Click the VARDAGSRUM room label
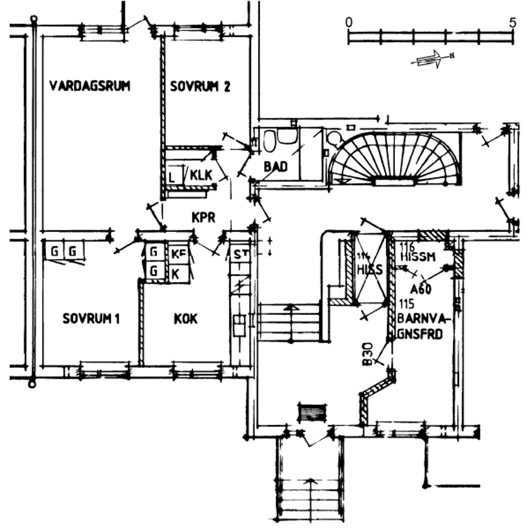(89, 86)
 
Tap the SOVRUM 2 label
(200, 87)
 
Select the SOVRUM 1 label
(91, 319)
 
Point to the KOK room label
(185, 319)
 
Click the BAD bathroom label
(275, 166)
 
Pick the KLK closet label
(201, 176)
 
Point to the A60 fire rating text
(421, 289)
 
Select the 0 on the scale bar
(348, 23)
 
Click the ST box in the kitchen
(239, 255)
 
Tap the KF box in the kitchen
(178, 254)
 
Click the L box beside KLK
(172, 177)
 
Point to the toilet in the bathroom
(270, 140)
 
